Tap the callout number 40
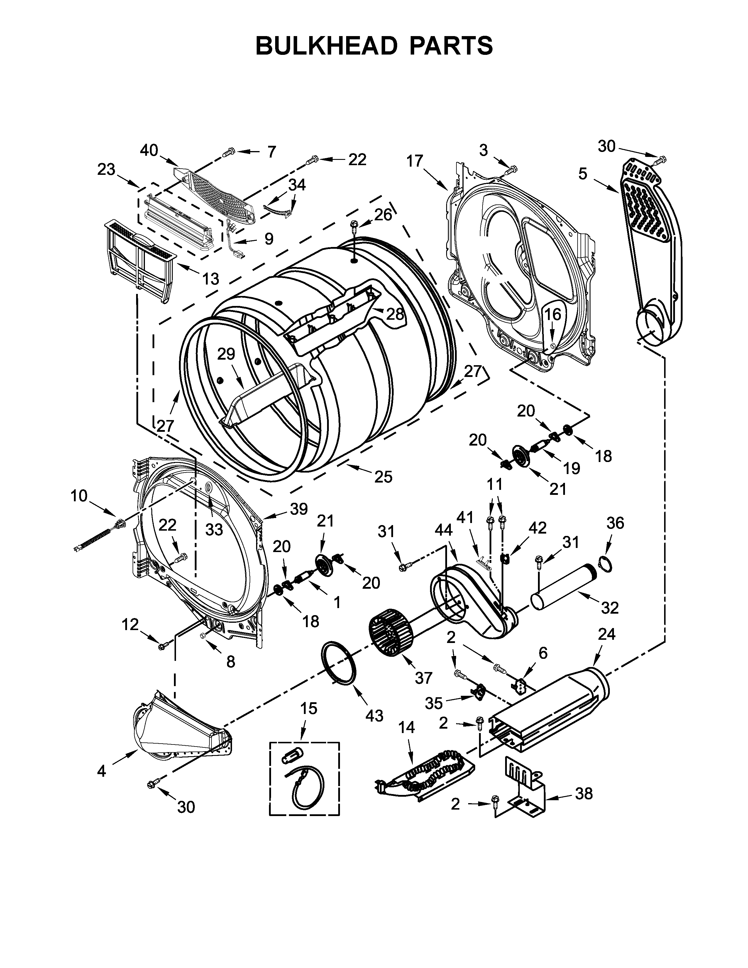(149, 151)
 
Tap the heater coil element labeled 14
(425, 776)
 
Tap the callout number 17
(415, 161)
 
